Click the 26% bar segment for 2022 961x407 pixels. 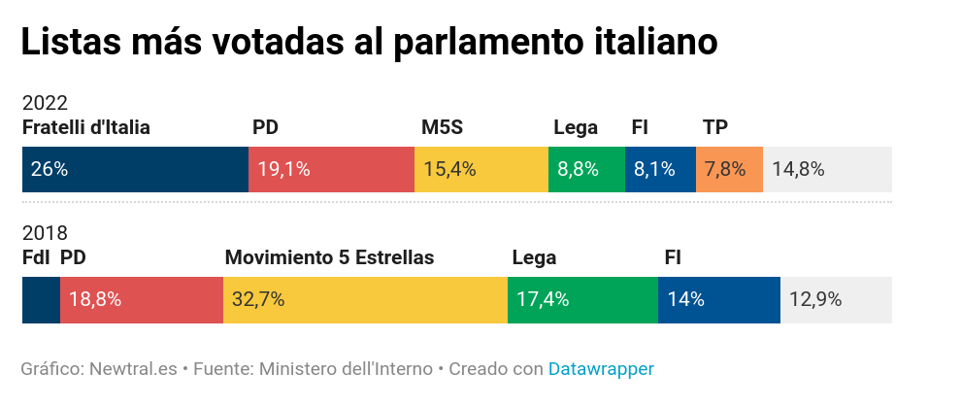[135, 169]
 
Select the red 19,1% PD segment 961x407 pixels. [331, 169]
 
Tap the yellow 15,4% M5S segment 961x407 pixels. [481, 169]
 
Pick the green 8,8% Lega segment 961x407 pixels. [586, 169]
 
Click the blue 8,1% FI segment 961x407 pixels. [660, 169]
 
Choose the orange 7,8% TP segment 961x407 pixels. [729, 169]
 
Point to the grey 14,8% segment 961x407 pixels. [827, 169]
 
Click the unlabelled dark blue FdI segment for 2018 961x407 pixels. [41, 299]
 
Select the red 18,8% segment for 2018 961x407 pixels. [142, 299]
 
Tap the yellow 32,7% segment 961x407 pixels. [365, 299]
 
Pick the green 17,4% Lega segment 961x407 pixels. [582, 299]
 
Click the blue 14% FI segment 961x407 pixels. [719, 299]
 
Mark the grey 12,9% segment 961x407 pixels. [836, 299]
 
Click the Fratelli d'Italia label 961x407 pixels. [85, 127]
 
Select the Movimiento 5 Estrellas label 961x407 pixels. [329, 257]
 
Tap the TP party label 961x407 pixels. [715, 127]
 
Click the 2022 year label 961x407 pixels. [45, 103]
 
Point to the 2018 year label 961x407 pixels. [45, 233]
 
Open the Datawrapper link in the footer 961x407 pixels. [601, 369]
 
